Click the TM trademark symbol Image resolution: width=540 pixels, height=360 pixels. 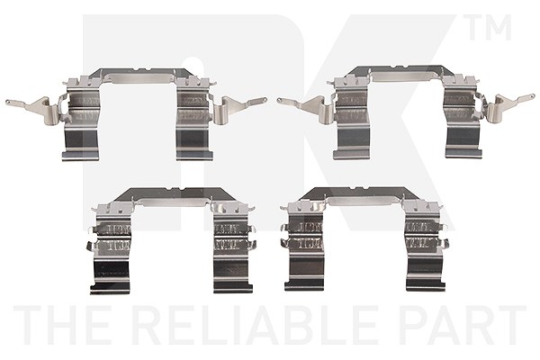click(490, 27)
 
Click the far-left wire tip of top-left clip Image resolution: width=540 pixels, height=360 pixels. click(7, 102)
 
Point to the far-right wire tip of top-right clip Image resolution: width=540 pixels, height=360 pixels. click(533, 96)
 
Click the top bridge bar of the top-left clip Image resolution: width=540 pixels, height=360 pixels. click(141, 75)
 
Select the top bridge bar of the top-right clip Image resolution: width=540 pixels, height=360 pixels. click(406, 72)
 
